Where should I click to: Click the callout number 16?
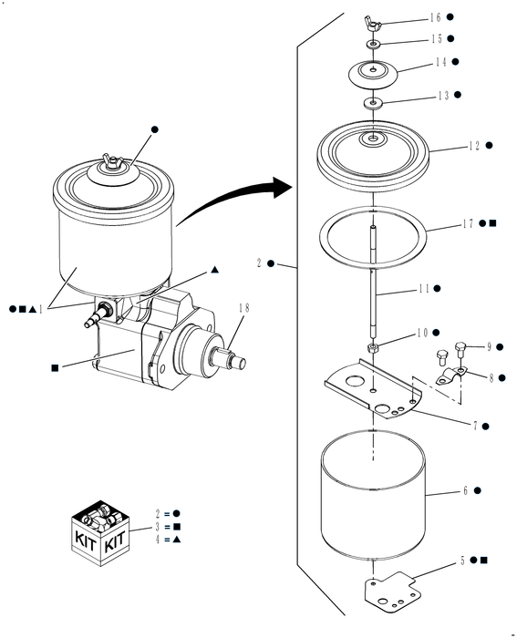(435, 17)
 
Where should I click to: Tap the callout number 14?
(440, 62)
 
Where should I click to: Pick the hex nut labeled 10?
(373, 349)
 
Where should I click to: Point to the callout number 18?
(242, 307)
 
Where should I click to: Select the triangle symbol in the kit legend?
(176, 540)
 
